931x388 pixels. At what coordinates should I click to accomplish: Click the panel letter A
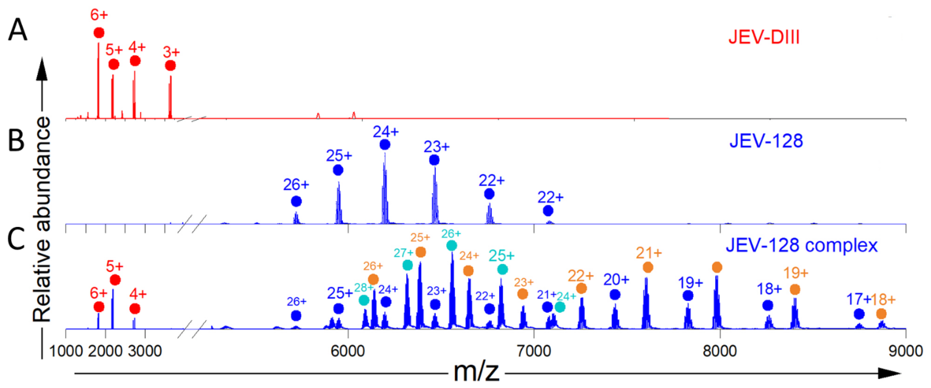click(x=17, y=30)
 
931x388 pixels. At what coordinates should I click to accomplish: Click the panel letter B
click(x=16, y=140)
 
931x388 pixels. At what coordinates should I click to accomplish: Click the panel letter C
click(x=16, y=239)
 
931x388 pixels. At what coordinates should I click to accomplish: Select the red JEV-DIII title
click(x=764, y=37)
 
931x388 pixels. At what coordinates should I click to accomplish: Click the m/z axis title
click(x=476, y=372)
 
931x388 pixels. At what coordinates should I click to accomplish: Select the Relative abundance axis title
click(x=42, y=219)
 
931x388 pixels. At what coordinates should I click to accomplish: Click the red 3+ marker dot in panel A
click(x=170, y=66)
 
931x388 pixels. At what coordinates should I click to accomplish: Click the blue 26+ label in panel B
click(x=296, y=185)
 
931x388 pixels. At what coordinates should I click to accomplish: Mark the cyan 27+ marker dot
click(x=407, y=265)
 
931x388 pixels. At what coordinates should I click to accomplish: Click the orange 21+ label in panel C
click(x=649, y=253)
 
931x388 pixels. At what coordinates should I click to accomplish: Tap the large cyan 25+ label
click(x=502, y=256)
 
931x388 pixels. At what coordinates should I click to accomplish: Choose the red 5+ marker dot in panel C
click(x=115, y=280)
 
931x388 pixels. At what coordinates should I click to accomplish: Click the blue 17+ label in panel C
click(x=858, y=299)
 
